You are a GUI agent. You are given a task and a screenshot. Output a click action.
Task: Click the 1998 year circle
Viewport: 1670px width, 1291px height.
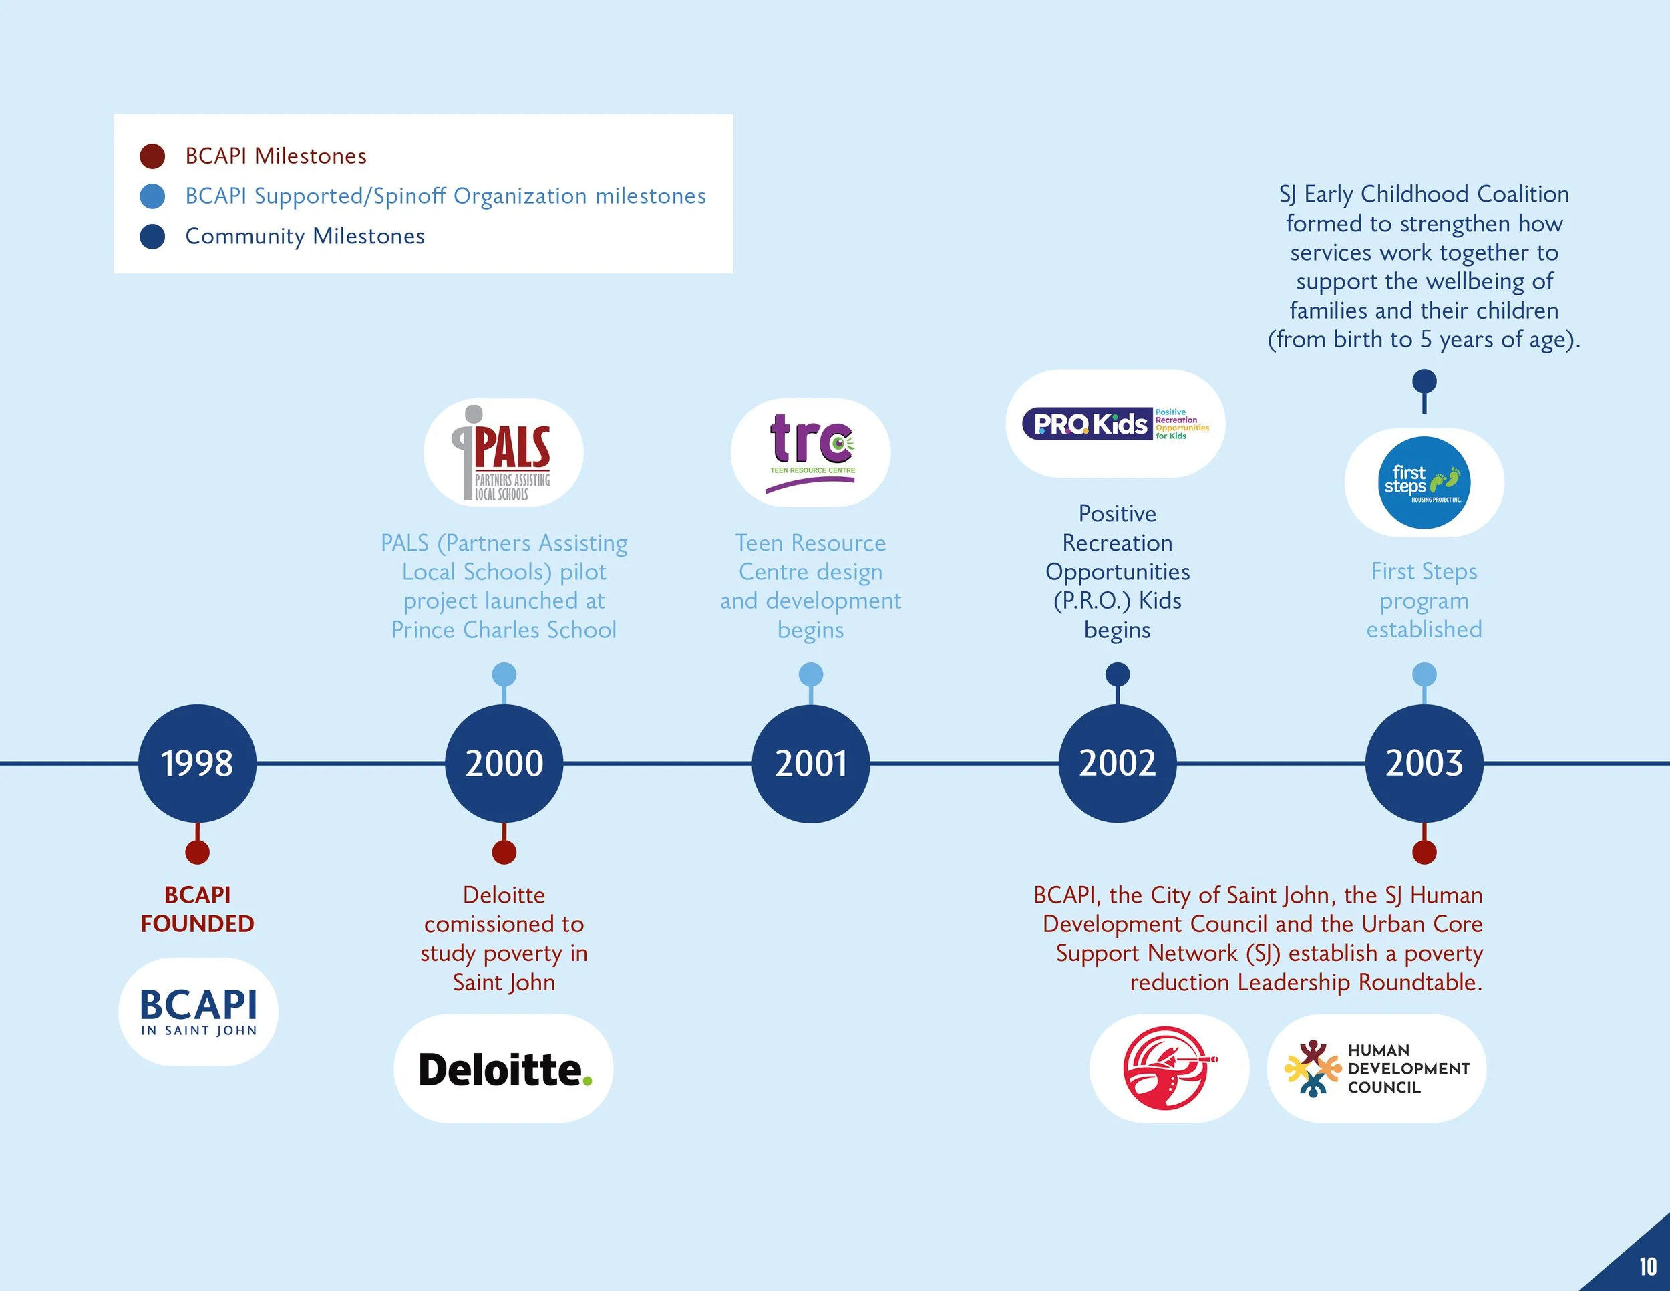197,763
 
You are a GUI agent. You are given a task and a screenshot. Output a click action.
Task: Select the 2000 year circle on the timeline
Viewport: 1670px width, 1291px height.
504,763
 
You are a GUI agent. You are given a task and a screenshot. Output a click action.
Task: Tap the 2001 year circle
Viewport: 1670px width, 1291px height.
810,763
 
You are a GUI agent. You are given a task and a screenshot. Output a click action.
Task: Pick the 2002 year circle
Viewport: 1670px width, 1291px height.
1117,763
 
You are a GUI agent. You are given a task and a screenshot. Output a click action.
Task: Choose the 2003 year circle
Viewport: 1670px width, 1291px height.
1424,763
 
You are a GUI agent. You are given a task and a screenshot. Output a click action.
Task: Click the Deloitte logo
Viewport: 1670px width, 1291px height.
504,1069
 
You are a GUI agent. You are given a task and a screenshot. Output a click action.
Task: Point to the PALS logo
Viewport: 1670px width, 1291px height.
504,453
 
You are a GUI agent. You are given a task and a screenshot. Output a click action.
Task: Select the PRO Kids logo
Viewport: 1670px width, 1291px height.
1116,424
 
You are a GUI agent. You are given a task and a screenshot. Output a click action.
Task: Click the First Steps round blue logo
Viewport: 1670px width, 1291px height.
1424,482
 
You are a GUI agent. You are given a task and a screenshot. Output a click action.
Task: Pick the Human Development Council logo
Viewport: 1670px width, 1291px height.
1376,1068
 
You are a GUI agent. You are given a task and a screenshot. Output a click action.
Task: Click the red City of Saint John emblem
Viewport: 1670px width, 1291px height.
1168,1068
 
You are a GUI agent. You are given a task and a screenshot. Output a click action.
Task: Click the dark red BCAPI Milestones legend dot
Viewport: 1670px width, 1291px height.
153,156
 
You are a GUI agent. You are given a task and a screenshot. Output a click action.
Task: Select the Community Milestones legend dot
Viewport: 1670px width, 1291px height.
153,237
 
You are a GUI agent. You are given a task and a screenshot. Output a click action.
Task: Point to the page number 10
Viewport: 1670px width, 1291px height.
1648,1266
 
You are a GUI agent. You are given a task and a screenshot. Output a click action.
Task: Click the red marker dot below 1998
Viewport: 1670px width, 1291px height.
197,852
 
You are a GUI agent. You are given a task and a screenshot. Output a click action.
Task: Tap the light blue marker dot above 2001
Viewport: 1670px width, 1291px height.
810,674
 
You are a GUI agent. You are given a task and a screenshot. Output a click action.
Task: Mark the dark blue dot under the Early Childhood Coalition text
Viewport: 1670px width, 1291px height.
1424,381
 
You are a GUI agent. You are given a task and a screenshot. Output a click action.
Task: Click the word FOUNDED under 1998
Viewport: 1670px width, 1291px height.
197,924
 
